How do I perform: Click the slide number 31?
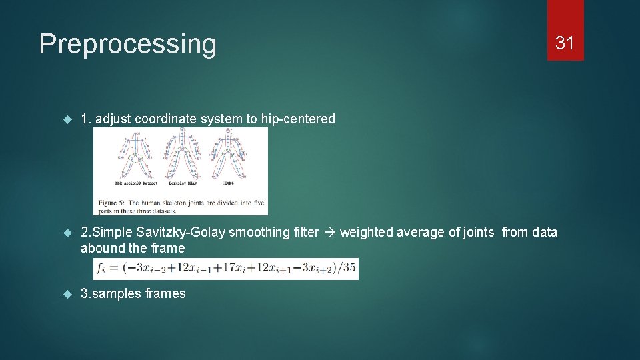point(565,43)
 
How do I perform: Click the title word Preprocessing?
point(127,44)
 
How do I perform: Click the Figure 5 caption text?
point(180,207)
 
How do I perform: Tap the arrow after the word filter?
point(329,232)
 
